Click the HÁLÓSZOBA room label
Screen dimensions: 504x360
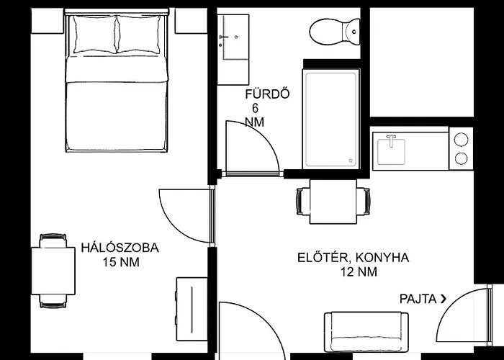[120, 248]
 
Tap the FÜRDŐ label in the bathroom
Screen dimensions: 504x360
[267, 94]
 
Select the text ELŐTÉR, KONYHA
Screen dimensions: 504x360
[354, 258]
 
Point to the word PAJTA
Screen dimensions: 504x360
[418, 299]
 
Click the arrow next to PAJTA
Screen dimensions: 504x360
[444, 300]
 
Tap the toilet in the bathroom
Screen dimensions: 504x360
[336, 32]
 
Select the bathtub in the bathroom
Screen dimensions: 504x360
[330, 118]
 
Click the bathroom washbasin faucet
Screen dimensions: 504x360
[224, 37]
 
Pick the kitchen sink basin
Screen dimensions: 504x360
[391, 150]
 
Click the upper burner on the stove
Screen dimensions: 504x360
[462, 140]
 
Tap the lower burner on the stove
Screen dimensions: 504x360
[462, 158]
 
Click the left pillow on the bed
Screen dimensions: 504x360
[95, 34]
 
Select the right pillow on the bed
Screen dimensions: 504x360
[139, 34]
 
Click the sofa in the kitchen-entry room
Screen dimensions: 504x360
[366, 332]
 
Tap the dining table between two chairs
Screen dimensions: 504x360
[333, 202]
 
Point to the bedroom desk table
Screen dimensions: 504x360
[53, 271]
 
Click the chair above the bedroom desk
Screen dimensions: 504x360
[53, 240]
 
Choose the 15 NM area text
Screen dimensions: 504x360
[121, 262]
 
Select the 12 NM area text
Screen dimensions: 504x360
[359, 272]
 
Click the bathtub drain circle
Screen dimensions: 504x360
[351, 161]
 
